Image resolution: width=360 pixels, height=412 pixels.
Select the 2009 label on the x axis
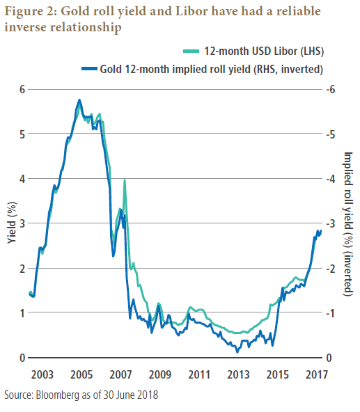160,373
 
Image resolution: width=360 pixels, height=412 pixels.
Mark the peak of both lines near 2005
79,100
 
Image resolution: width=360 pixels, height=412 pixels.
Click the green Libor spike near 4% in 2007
125,180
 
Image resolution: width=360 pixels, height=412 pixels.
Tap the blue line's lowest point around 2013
237,351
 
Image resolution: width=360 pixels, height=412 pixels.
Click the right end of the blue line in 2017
321,231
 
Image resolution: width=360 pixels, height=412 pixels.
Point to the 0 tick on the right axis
335,358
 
